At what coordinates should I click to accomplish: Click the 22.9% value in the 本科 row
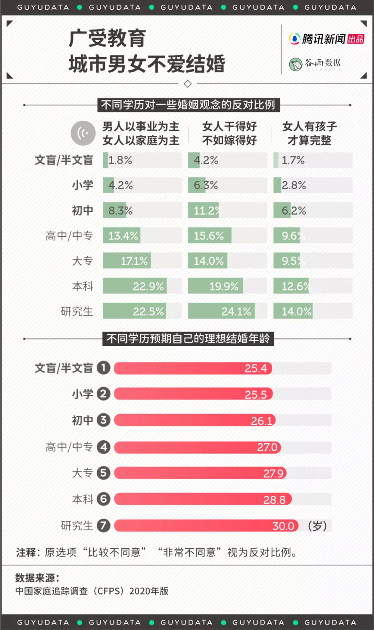(148, 286)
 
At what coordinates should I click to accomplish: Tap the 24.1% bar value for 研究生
(236, 311)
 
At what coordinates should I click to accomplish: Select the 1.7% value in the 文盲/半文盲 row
(293, 160)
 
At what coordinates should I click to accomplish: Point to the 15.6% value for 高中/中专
(209, 236)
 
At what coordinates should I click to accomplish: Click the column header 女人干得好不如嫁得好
(229, 133)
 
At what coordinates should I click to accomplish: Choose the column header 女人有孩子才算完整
(309, 133)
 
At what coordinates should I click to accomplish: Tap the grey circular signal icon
(83, 133)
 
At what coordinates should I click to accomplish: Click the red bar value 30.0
(283, 526)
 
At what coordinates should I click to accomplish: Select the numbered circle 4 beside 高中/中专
(103, 447)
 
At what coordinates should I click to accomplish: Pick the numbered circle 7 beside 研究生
(103, 525)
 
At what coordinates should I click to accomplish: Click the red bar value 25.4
(256, 368)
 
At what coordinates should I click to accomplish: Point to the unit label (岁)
(317, 526)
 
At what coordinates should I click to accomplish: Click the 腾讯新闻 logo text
(323, 39)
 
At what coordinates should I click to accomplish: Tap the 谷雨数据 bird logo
(296, 64)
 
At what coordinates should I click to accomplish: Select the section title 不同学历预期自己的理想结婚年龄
(188, 338)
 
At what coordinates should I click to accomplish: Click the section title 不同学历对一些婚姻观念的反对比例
(188, 105)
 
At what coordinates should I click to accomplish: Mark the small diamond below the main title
(187, 84)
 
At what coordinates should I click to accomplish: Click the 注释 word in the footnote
(26, 552)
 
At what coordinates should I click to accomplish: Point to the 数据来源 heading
(37, 577)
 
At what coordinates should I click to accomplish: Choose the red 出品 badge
(356, 39)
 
